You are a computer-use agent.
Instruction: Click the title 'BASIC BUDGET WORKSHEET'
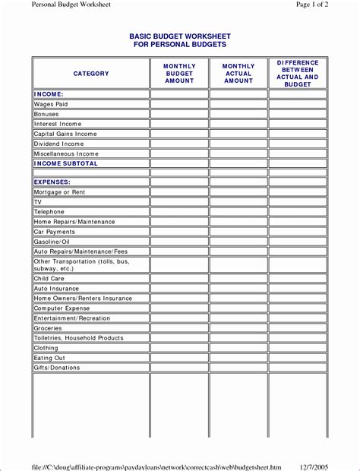(x=180, y=36)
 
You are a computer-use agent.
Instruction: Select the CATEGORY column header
(x=91, y=74)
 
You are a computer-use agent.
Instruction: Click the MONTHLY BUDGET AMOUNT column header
(x=179, y=74)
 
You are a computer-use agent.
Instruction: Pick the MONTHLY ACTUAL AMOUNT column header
(x=238, y=74)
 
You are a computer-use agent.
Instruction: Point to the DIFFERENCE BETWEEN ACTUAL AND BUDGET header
(x=298, y=74)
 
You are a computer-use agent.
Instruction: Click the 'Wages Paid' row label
(x=51, y=103)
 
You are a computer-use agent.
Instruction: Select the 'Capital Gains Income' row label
(x=65, y=134)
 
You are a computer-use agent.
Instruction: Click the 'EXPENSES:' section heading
(x=52, y=182)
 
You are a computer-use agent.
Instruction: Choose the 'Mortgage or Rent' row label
(x=59, y=193)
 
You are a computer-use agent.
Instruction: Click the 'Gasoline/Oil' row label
(x=52, y=242)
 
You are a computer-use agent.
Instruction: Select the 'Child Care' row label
(x=49, y=279)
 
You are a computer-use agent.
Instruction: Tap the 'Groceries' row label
(x=48, y=328)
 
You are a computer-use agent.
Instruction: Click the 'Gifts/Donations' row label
(x=56, y=368)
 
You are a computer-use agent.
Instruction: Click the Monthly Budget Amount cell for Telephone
(x=179, y=212)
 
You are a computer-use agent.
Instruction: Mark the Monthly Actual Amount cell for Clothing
(x=238, y=348)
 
